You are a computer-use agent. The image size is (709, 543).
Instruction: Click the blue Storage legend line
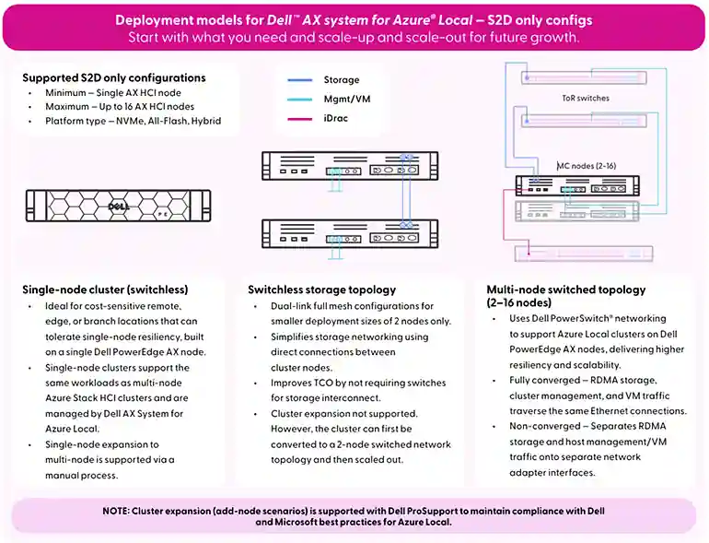pyautogui.click(x=300, y=80)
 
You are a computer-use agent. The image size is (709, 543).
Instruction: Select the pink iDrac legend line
pyautogui.click(x=300, y=119)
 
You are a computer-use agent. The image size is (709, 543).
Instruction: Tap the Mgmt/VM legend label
pyautogui.click(x=347, y=100)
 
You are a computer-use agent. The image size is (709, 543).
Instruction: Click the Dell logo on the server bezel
pyautogui.click(x=119, y=207)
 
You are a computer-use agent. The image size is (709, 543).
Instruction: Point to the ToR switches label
pyautogui.click(x=586, y=99)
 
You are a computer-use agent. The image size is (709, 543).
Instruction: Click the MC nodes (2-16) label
pyautogui.click(x=587, y=166)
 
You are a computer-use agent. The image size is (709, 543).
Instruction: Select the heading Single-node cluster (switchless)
pyautogui.click(x=105, y=289)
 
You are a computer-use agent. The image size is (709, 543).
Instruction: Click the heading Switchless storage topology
pyautogui.click(x=322, y=289)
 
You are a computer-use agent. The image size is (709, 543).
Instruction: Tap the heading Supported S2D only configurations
pyautogui.click(x=114, y=77)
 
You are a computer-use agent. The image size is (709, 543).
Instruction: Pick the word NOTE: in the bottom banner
pyautogui.click(x=116, y=511)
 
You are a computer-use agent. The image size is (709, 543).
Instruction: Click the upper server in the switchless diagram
pyautogui.click(x=350, y=166)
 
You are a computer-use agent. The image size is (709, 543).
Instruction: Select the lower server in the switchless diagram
pyautogui.click(x=350, y=233)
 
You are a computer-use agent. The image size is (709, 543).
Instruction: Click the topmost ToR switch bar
pyautogui.click(x=584, y=77)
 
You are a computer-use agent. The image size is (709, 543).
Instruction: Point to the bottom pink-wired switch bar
pyautogui.click(x=584, y=254)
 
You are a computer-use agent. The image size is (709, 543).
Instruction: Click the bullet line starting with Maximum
pyautogui.click(x=120, y=106)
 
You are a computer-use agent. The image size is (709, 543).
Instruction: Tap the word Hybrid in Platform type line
pyautogui.click(x=205, y=121)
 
